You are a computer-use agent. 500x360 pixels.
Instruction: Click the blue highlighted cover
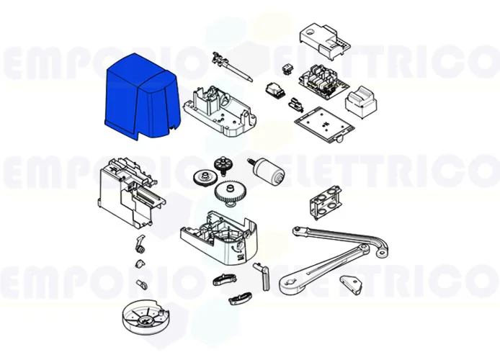point(140,97)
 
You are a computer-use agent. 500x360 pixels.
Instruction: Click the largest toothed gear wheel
point(229,193)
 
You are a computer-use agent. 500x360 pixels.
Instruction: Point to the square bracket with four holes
point(324,202)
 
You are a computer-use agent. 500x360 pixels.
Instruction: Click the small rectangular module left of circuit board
point(274,90)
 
